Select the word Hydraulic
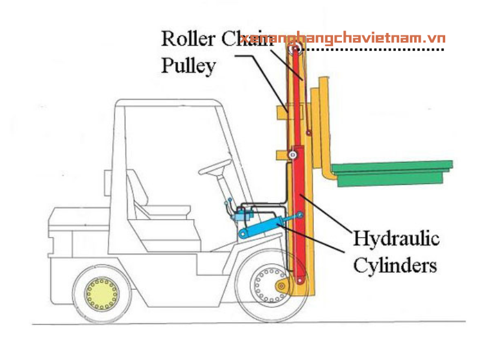pos(395,239)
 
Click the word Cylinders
pos(394,265)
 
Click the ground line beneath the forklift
pos(180,325)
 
